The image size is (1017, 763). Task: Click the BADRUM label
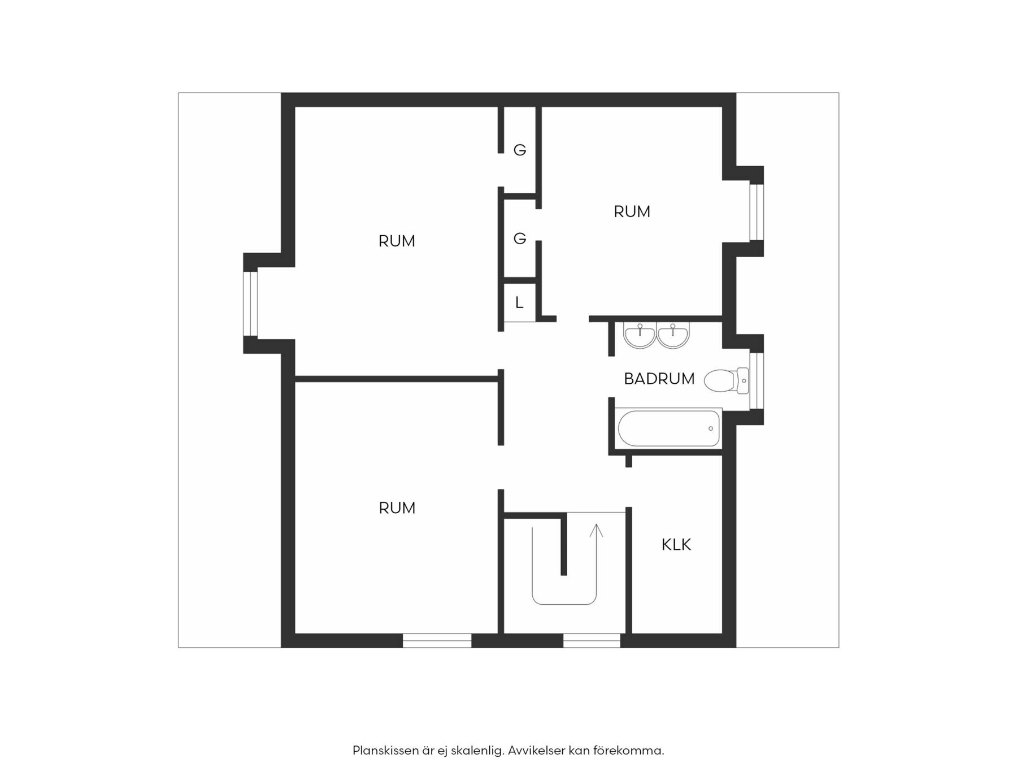pos(659,379)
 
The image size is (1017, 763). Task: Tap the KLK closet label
pos(676,545)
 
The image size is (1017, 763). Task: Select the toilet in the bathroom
pos(727,380)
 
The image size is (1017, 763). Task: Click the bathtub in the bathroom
pos(669,428)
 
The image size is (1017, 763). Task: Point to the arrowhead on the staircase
pos(596,530)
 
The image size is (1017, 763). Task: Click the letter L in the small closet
pos(519,302)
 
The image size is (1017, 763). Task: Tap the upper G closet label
pos(520,150)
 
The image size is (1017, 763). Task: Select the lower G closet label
pos(520,239)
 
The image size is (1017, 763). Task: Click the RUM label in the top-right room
pos(632,211)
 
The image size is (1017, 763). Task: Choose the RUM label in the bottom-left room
pos(397,508)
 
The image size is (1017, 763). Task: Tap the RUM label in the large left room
pos(397,241)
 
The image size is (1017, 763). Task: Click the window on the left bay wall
pos(250,304)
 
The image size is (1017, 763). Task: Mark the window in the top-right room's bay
pos(757,212)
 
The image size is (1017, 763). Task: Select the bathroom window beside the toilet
pos(757,380)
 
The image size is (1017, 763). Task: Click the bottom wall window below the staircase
pos(592,640)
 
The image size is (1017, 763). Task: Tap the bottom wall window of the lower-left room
pos(437,640)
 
